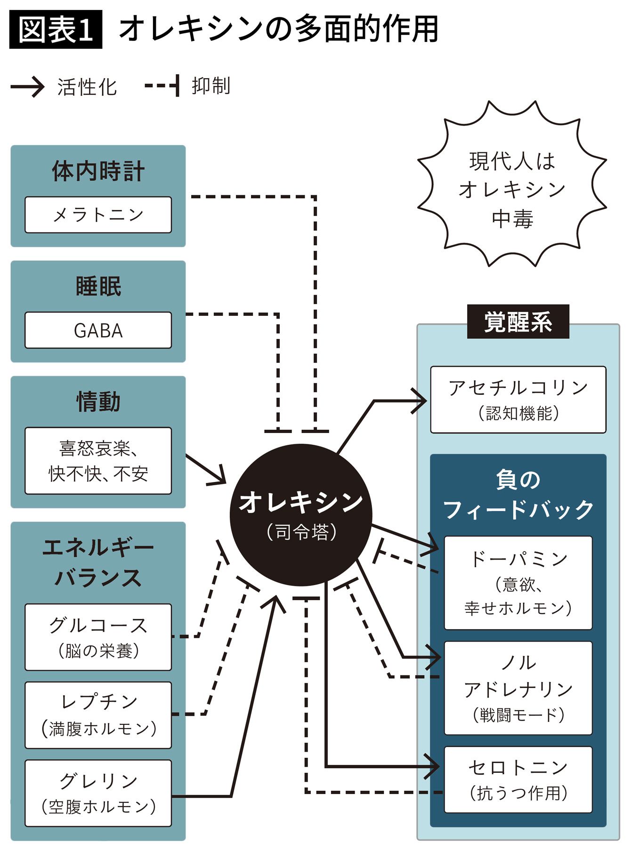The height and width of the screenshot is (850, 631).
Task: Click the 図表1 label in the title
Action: point(56,29)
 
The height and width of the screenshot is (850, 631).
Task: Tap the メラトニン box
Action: point(98,215)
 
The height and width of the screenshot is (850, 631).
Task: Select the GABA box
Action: point(98,330)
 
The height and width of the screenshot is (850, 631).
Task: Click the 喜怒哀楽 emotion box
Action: point(98,461)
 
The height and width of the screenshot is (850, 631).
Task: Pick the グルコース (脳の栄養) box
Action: point(98,637)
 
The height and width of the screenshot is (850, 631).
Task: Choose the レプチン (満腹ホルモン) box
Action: point(98,715)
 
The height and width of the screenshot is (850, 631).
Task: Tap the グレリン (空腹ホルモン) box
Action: point(98,793)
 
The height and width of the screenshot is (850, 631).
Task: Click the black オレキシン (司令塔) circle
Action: point(301,515)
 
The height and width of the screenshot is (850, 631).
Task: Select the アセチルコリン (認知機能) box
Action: point(518,400)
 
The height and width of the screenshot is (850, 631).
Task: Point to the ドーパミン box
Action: point(518,583)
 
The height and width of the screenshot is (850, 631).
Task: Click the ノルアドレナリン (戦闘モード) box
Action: point(518,688)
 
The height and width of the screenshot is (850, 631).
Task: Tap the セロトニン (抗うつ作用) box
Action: point(518,779)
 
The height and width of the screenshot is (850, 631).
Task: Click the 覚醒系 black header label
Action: point(518,322)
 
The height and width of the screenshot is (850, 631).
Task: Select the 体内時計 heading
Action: point(98,171)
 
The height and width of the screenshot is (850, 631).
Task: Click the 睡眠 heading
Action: point(98,286)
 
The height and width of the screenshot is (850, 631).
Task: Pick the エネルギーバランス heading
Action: point(98,562)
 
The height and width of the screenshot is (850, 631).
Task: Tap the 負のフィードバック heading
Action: point(518,495)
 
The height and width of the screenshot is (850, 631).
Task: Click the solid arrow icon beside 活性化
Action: point(27,87)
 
